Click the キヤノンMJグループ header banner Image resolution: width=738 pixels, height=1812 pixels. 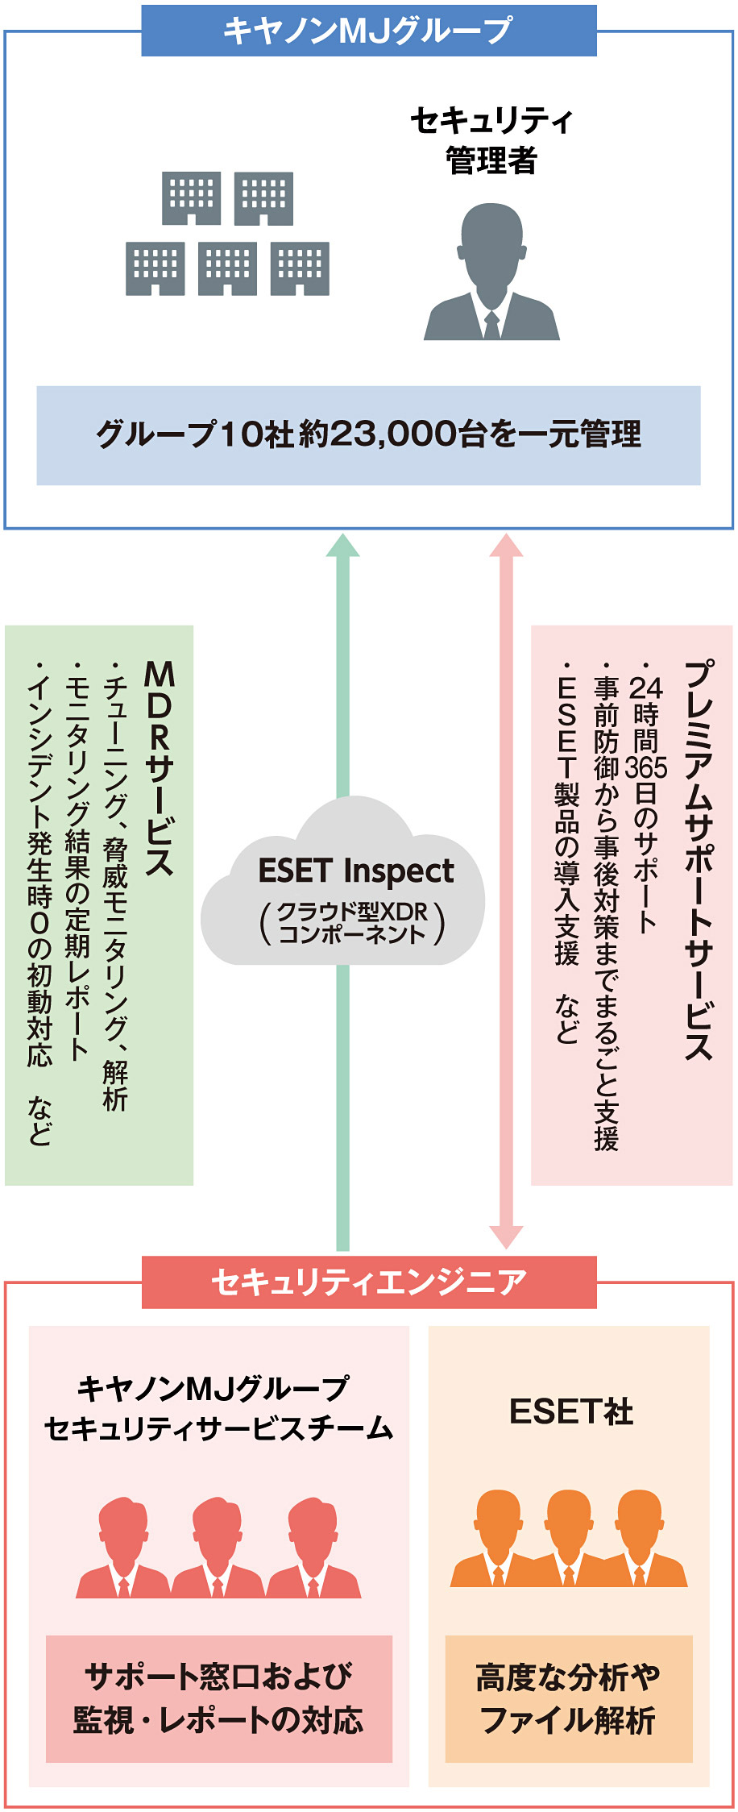point(368,31)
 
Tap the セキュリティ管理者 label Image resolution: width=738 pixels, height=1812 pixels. point(491,140)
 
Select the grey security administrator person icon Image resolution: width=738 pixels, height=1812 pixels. point(491,272)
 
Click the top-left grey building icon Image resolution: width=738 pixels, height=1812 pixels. point(192,198)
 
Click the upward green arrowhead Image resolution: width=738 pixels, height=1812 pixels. point(342,546)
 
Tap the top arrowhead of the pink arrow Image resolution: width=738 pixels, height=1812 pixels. point(506,546)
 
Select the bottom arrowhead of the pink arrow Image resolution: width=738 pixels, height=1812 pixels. point(506,1236)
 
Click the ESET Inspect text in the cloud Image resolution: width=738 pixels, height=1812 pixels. point(355,871)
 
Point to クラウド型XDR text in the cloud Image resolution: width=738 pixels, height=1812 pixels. point(352,912)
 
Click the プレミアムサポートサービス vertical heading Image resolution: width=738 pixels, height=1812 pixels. point(699,859)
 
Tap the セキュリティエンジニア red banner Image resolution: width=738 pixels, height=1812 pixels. point(368,1282)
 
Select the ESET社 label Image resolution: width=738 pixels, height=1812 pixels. point(571,1411)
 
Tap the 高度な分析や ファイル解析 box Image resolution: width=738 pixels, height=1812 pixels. point(568,1698)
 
